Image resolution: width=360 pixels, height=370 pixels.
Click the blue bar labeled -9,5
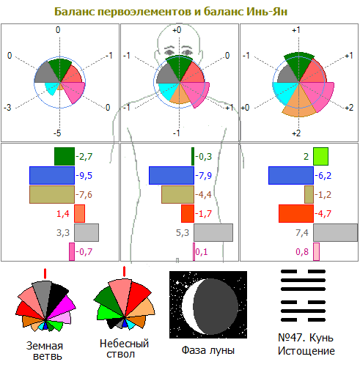52,175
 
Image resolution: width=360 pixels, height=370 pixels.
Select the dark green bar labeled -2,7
65,156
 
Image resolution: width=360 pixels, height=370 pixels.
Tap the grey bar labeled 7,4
336,232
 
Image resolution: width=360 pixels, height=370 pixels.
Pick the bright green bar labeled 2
321,156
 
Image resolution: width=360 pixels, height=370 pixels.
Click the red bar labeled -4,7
296,213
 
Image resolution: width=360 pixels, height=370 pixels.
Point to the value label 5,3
183,233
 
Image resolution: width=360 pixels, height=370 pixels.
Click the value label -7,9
203,176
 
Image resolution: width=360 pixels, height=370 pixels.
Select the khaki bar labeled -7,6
52,194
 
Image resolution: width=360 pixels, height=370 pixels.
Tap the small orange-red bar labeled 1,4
80,213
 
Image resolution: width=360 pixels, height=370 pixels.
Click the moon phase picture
208,305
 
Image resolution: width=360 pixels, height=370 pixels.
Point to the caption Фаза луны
208,350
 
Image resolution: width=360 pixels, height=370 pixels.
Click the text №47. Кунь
306,338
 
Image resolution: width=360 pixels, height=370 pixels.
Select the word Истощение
306,351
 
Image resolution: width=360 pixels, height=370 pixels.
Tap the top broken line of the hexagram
303,271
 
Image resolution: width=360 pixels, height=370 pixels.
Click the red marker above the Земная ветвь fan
45,273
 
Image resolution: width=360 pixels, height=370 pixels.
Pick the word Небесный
124,344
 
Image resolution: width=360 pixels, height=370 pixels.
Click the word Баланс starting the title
74,12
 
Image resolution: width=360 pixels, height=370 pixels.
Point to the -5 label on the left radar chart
57,133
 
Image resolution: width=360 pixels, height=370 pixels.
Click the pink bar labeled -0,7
72,251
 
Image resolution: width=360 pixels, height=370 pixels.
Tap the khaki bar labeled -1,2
309,194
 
